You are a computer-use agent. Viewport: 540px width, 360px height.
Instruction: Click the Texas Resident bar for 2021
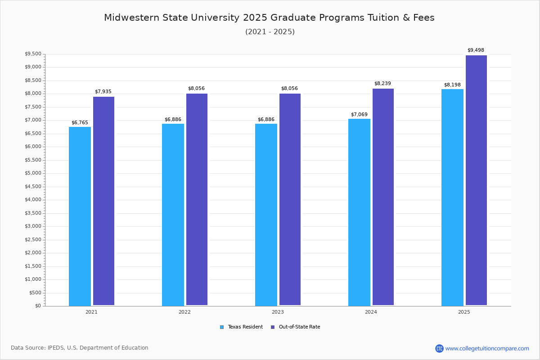[x=80, y=216]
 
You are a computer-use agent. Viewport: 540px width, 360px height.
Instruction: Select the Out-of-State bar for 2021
[x=103, y=201]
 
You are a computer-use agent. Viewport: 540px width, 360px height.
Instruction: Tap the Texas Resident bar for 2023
[x=266, y=215]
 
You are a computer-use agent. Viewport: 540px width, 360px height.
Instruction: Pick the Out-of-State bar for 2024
[x=383, y=197]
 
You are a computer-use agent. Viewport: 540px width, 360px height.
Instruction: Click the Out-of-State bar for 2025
[x=476, y=180]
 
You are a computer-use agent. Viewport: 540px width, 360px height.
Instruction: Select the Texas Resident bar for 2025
[x=452, y=197]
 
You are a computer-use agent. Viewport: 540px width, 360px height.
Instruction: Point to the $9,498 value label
[x=476, y=50]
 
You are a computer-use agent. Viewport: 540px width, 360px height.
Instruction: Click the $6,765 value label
[x=80, y=122]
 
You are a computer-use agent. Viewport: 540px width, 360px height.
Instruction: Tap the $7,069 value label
[x=359, y=114]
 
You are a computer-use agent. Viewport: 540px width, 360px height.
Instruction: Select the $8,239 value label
[x=382, y=83]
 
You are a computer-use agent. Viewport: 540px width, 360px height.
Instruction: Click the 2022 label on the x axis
[x=184, y=312]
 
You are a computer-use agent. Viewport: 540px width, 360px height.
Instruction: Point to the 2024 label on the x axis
[x=371, y=312]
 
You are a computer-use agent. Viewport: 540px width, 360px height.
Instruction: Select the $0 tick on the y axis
[x=38, y=306]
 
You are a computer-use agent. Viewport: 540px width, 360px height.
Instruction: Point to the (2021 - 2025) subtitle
[x=270, y=31]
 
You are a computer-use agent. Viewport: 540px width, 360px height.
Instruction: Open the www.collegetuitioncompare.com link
[x=487, y=348]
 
